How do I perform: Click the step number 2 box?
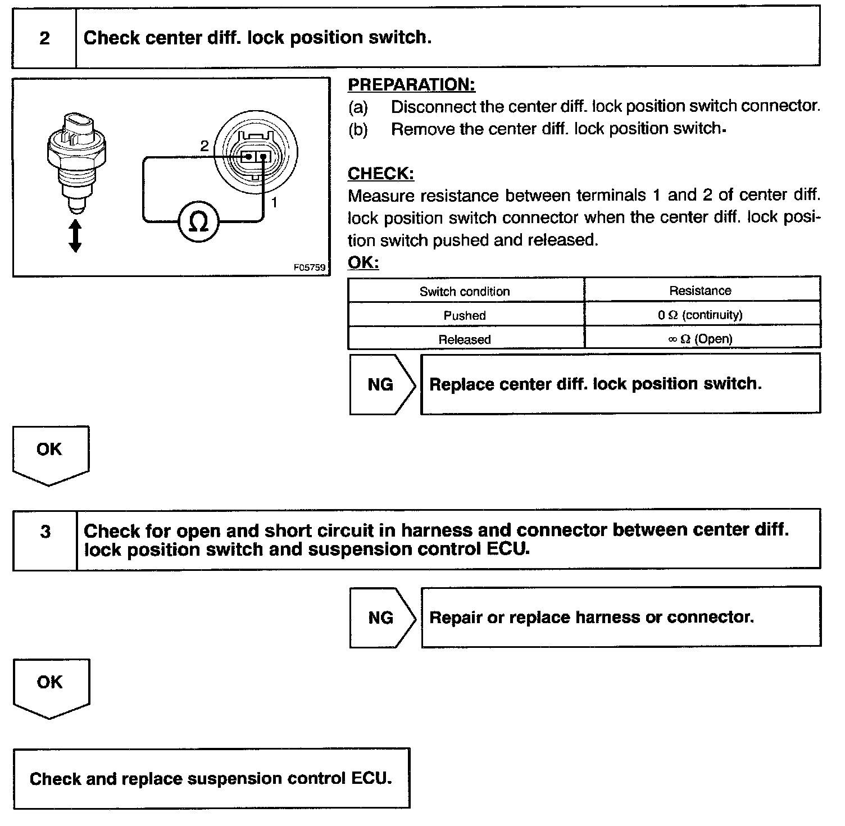(x=44, y=38)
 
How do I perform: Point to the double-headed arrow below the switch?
(x=75, y=236)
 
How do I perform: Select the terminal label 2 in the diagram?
(x=204, y=146)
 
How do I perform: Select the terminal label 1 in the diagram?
(x=274, y=202)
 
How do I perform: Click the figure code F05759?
(x=310, y=268)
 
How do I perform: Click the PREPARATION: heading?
(x=411, y=85)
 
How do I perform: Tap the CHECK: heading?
(x=381, y=174)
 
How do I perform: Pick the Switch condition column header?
(x=465, y=291)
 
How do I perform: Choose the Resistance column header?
(x=700, y=291)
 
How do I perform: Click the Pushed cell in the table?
(x=465, y=315)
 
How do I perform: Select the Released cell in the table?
(x=465, y=339)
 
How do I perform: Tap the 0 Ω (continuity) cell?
(x=700, y=315)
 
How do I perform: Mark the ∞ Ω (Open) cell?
(x=700, y=339)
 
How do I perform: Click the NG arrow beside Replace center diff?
(x=381, y=384)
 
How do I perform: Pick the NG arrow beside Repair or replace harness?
(x=381, y=618)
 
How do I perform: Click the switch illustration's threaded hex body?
(x=76, y=155)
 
